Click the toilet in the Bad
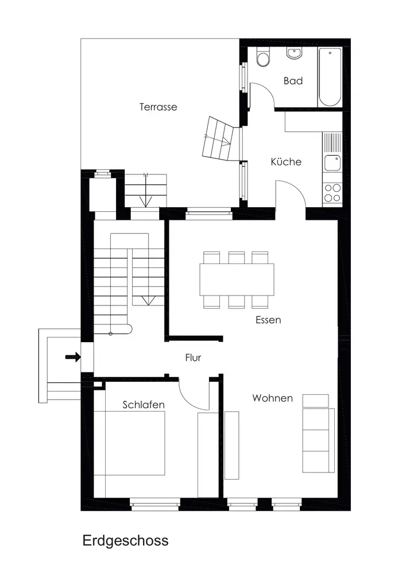tap(263, 57)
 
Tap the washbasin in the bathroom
tap(295, 53)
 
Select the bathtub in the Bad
tap(330, 77)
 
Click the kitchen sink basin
tap(332, 163)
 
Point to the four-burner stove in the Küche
tap(332, 193)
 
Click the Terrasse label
tap(158, 107)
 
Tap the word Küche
tap(286, 161)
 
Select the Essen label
tap(268, 320)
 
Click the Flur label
tap(193, 357)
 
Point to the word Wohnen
tap(272, 398)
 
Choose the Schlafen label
tap(144, 405)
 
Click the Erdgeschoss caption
tap(126, 540)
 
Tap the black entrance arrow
tap(73, 356)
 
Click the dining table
tap(237, 280)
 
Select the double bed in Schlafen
tap(129, 443)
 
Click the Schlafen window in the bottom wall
tap(155, 505)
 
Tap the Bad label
tap(293, 80)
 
